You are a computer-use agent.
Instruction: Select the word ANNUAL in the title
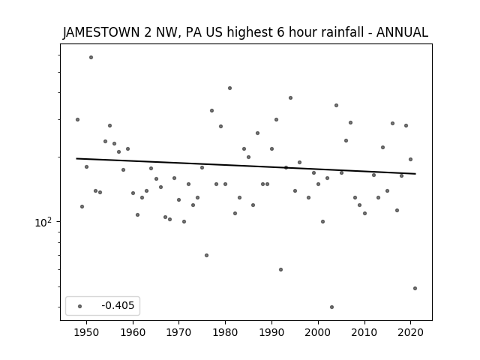[x=402, y=32]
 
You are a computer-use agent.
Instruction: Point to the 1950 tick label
[x=86, y=332]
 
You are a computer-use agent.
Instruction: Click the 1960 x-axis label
[x=133, y=332]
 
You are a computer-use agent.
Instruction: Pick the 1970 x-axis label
[x=179, y=332]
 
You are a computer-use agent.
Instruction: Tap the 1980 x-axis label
[x=225, y=332]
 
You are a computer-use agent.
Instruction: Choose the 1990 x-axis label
[x=271, y=332]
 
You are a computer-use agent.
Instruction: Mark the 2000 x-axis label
[x=318, y=332]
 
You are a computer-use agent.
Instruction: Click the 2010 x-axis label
[x=364, y=332]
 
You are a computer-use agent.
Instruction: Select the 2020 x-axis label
[x=411, y=332]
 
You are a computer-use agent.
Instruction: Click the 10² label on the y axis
[x=43, y=222]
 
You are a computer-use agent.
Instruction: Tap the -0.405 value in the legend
[x=118, y=305]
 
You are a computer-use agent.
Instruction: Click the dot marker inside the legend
[x=80, y=306]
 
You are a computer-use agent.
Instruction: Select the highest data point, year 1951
[x=91, y=57]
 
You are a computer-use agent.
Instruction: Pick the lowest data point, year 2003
[x=331, y=307]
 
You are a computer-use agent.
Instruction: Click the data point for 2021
[x=415, y=288]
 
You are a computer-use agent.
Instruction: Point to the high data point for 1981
[x=230, y=88]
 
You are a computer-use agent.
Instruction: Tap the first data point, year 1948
[x=77, y=120]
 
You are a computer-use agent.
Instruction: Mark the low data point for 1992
[x=280, y=270]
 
